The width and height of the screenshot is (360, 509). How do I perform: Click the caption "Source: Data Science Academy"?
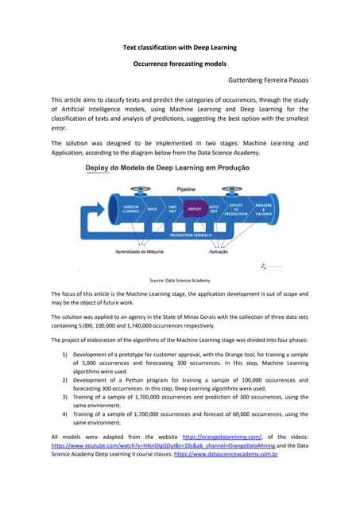pos(180,281)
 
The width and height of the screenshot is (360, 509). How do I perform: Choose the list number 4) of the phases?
pos(64,414)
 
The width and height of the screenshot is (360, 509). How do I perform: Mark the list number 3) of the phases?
pos(64,396)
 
